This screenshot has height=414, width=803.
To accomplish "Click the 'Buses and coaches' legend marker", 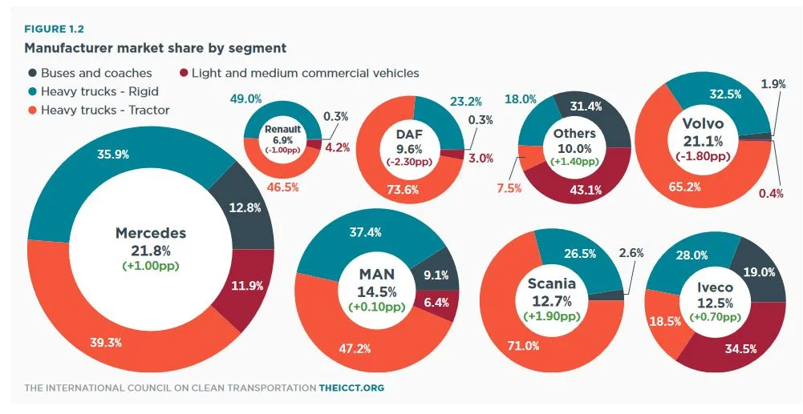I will pos(31,73).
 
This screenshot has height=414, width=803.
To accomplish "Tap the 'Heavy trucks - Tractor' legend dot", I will pos(31,110).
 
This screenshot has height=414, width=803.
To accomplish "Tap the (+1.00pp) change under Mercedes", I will pos(151,265).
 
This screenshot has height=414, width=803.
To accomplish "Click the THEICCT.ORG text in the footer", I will pos(351,388).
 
